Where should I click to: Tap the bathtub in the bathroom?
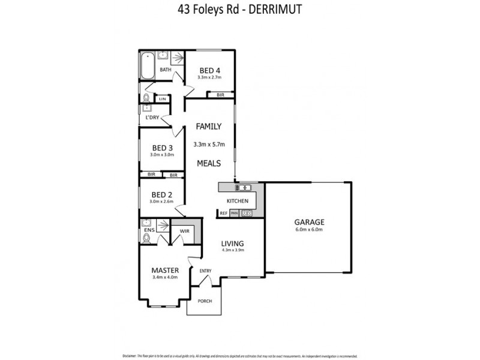147,66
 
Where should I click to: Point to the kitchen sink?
246,188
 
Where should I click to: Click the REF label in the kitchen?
223,213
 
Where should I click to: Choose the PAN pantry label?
234,213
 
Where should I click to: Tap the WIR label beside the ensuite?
184,230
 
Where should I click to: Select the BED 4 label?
210,70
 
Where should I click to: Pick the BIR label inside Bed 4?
220,95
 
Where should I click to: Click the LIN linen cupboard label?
162,99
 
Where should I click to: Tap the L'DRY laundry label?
152,118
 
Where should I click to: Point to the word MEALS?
209,163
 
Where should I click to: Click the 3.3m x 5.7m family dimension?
209,144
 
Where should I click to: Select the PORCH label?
205,301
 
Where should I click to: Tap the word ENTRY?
206,271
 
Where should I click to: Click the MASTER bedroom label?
165,270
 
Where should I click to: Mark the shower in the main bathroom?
177,59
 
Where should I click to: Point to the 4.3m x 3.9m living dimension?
233,251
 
